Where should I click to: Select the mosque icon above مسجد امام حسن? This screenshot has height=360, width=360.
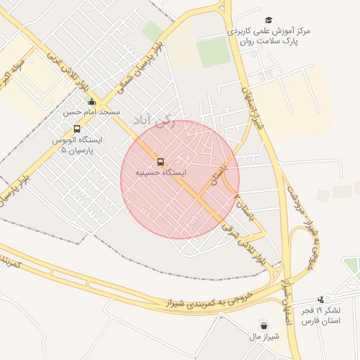pos(91,103)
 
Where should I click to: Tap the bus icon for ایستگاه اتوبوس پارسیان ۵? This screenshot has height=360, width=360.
pos(77,129)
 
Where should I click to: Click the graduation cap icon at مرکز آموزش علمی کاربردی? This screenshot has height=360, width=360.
pos(269,21)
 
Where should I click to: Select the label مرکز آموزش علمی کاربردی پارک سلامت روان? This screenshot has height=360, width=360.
pos(270,37)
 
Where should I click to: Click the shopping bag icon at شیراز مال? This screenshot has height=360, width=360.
pos(264,326)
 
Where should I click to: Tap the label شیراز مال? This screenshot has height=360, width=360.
pos(264,336)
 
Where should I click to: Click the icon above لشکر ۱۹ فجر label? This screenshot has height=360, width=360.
pos(321,300)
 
